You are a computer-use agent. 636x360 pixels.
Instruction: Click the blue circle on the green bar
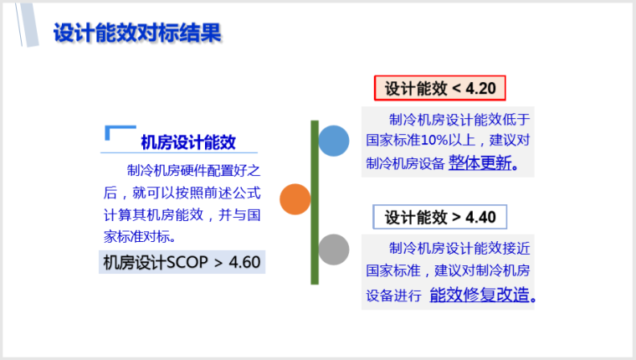[x=334, y=141]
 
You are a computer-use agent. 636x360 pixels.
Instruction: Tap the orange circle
[x=295, y=199]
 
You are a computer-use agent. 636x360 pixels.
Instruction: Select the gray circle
[x=334, y=249]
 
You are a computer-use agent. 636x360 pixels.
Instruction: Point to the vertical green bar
[x=315, y=201]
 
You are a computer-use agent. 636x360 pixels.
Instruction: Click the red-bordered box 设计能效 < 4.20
[x=440, y=88]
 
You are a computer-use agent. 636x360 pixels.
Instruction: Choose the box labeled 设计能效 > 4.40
[x=440, y=218]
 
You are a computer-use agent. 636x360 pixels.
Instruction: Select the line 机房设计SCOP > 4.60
[x=182, y=262]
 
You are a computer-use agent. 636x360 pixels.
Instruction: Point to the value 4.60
[x=244, y=262]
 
